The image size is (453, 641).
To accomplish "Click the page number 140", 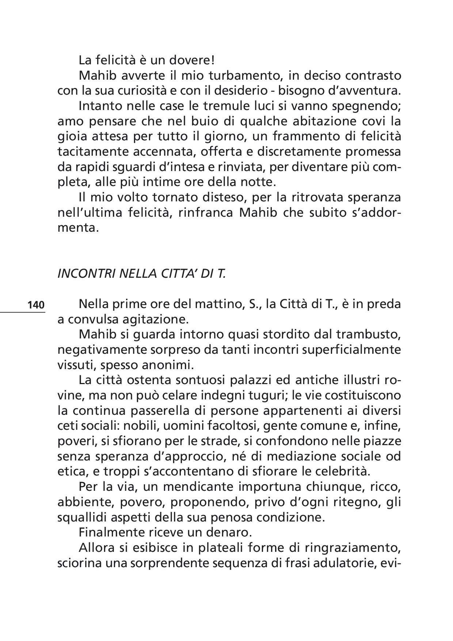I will (36, 305).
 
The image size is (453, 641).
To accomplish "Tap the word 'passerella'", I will (159, 410).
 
